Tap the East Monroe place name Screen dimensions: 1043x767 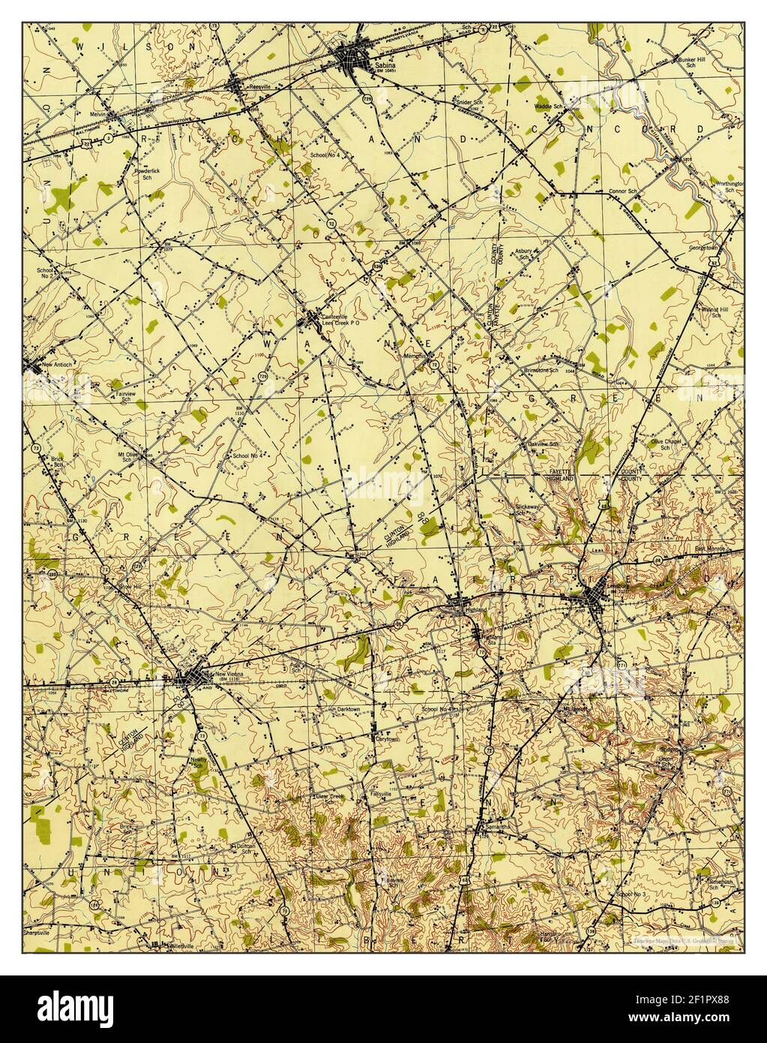point(709,549)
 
